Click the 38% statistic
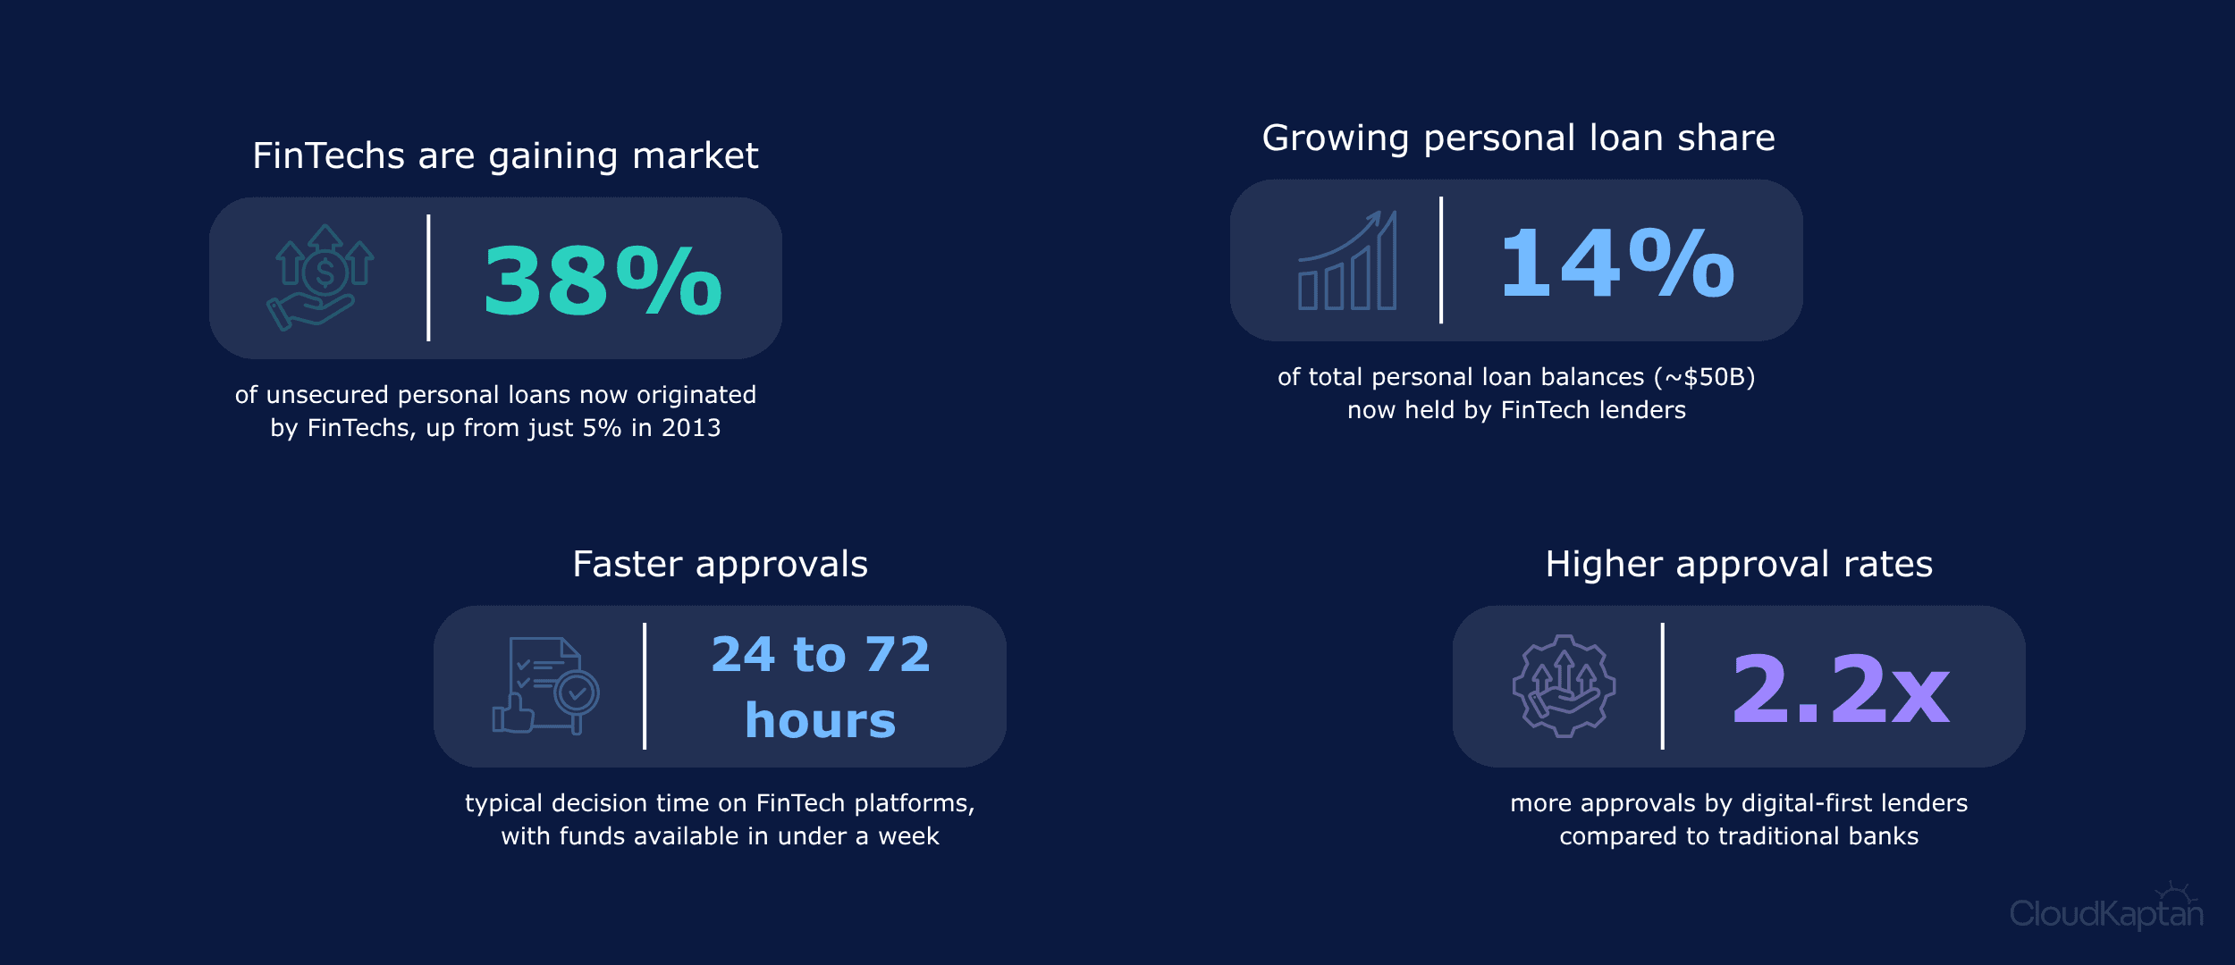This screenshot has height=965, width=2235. pos(603,281)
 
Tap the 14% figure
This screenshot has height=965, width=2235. pos(1617,262)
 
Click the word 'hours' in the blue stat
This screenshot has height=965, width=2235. pos(820,720)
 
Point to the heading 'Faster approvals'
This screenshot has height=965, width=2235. pos(720,564)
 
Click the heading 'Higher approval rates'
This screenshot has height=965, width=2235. pos(1739,564)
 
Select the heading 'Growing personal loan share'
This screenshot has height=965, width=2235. pos(1518,138)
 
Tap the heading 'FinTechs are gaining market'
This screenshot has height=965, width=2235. pos(505,155)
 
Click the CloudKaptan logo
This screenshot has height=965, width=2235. pos(2105,908)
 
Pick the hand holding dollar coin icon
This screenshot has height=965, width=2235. pos(320,277)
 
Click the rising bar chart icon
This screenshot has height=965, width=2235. pos(1347,260)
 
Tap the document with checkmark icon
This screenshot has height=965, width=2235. pos(545,685)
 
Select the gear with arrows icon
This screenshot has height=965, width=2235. pos(1564,685)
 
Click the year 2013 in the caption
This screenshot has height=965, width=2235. pos(690,428)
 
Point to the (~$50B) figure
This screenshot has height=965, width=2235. pos(1704,377)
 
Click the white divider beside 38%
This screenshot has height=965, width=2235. pos(428,278)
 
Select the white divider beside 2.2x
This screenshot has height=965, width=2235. pos(1662,686)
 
